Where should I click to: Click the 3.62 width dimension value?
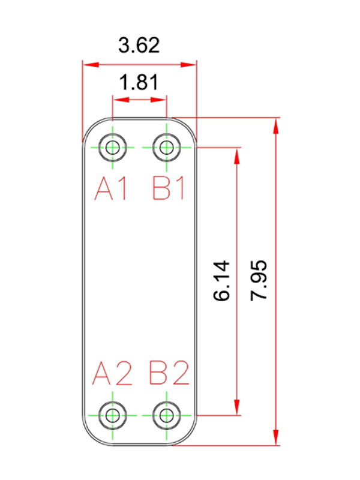point(139,46)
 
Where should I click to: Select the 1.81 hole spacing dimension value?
point(139,82)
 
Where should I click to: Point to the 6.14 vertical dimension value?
point(221,281)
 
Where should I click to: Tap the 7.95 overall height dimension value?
point(259,280)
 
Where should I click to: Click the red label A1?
point(111,189)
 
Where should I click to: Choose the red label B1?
point(169,189)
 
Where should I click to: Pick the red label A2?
point(112,373)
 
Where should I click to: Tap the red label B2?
point(169,373)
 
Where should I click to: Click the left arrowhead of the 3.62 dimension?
point(91,65)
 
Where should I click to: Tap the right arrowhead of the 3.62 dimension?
point(188,65)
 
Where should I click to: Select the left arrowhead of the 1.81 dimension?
point(121,100)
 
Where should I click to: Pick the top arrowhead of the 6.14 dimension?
point(236,156)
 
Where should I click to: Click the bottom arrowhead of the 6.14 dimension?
point(236,407)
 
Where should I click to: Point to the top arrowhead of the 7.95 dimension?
point(276,126)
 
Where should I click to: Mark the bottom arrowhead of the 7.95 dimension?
point(276,437)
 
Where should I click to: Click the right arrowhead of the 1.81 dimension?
point(158,100)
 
